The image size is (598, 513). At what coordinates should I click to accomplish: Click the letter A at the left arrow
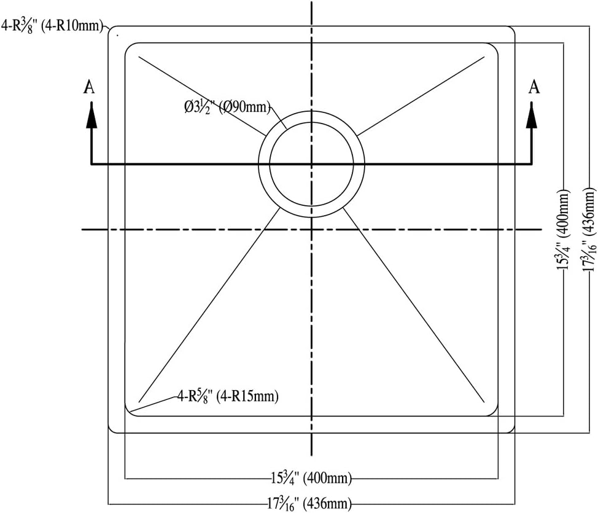tap(90, 88)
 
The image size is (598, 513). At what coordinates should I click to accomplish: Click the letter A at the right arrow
tap(535, 87)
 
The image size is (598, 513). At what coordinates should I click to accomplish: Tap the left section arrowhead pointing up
tap(91, 116)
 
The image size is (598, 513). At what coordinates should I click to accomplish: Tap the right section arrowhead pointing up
tap(532, 116)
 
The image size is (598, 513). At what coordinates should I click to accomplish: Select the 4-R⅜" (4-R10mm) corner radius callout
tap(53, 26)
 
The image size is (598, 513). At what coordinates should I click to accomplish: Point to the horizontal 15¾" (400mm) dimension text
tap(310, 477)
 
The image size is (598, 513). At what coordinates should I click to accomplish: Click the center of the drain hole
tap(311, 164)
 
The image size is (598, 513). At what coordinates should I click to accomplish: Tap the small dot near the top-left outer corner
tap(117, 36)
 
